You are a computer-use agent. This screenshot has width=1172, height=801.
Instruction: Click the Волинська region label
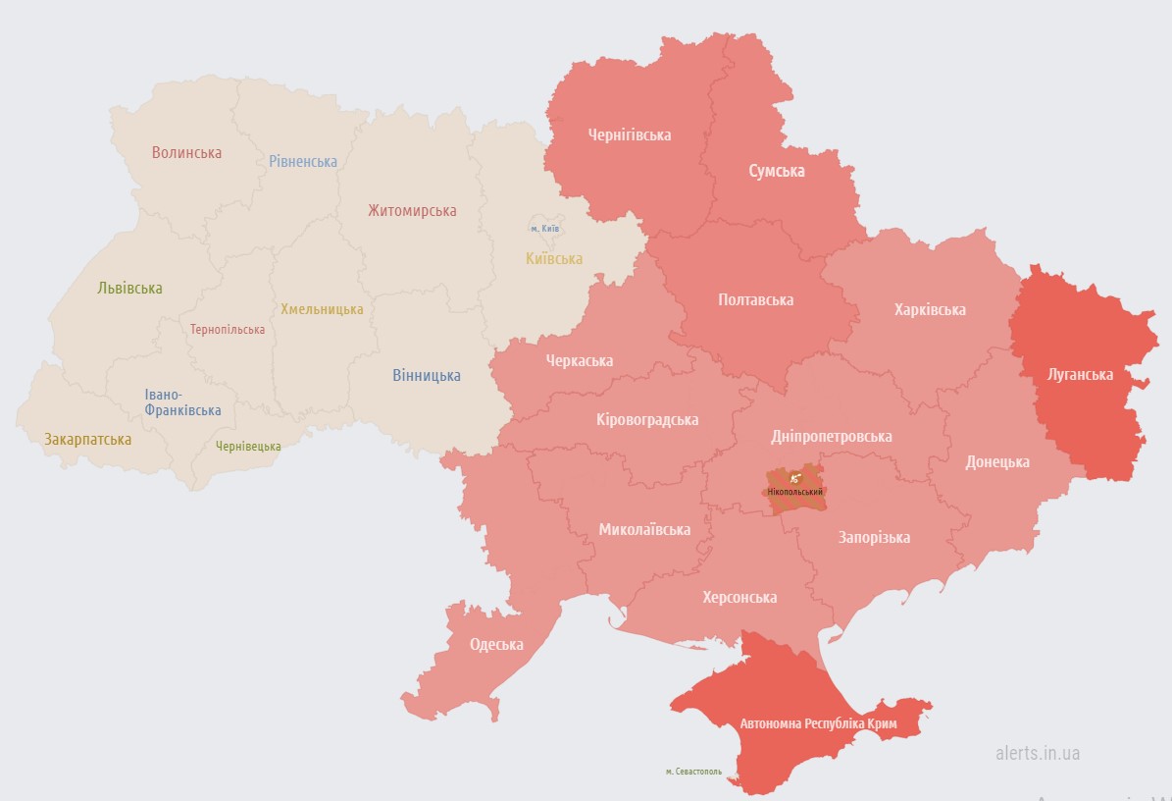pyautogui.click(x=186, y=153)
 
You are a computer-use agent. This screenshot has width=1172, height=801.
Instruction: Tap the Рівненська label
pyautogui.click(x=303, y=162)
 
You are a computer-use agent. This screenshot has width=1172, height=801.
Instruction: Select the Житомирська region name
pyautogui.click(x=412, y=211)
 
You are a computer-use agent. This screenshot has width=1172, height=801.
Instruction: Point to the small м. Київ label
pyautogui.click(x=544, y=229)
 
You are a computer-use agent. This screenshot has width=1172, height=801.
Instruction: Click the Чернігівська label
pyautogui.click(x=630, y=135)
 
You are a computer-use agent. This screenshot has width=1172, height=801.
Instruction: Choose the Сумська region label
pyautogui.click(x=777, y=171)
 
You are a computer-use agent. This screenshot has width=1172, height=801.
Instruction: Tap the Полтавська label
pyautogui.click(x=755, y=300)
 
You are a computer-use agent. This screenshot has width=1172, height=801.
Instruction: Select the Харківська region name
pyautogui.click(x=930, y=310)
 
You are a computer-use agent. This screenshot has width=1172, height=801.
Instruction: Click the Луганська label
pyautogui.click(x=1079, y=375)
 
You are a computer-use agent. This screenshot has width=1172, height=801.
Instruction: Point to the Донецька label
pyautogui.click(x=997, y=461)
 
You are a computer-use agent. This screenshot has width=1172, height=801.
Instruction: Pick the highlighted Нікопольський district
pyautogui.click(x=795, y=488)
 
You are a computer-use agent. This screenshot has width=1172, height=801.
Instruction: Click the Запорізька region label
pyautogui.click(x=874, y=537)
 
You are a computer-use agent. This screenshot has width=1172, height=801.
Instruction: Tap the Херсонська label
pyautogui.click(x=739, y=598)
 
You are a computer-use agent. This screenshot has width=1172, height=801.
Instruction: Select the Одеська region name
pyautogui.click(x=496, y=645)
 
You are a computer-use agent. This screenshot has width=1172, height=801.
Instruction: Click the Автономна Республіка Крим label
pyautogui.click(x=818, y=724)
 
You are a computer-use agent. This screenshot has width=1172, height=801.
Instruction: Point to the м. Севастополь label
pyautogui.click(x=693, y=772)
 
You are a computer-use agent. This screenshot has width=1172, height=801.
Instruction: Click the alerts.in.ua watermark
pyautogui.click(x=1038, y=753)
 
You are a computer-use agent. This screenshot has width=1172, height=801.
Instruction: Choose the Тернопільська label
pyautogui.click(x=228, y=330)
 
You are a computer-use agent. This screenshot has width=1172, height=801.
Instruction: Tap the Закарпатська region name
pyautogui.click(x=87, y=440)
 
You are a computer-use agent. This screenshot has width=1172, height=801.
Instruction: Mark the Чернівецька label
pyautogui.click(x=248, y=447)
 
